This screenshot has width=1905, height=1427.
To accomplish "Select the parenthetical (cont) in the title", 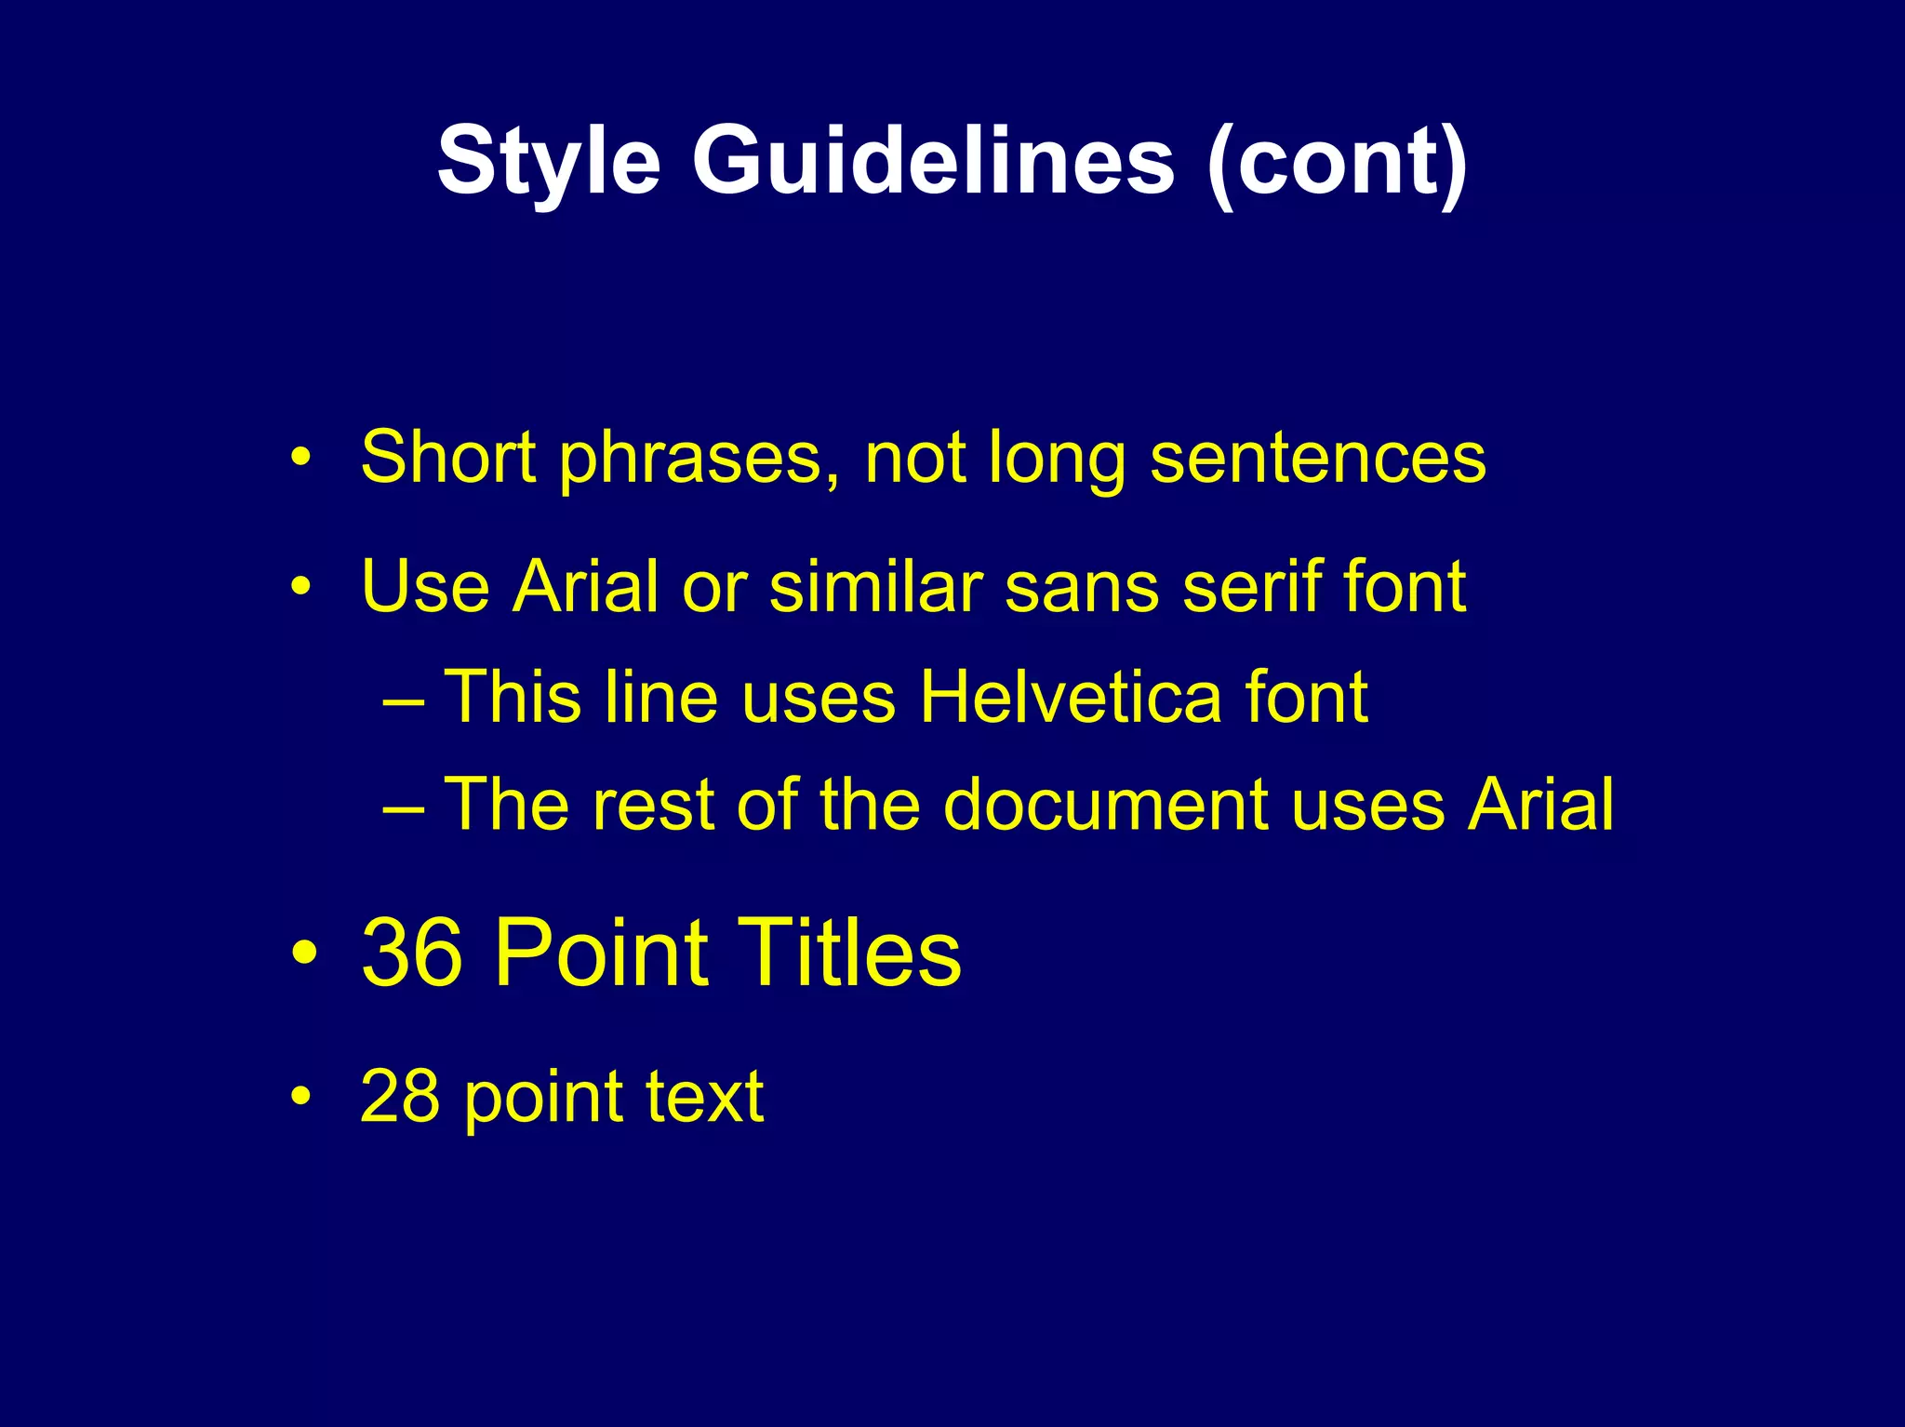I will tap(1337, 163).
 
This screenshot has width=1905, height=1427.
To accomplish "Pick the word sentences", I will tap(1318, 459).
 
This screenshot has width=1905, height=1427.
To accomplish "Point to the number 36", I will tap(411, 952).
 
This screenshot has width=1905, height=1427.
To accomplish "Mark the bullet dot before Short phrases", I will tap(300, 459).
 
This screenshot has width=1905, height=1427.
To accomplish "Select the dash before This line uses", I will tap(404, 702).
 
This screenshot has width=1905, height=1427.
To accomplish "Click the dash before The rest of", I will tap(404, 809).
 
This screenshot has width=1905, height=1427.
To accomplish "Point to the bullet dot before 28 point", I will tap(300, 1098).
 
